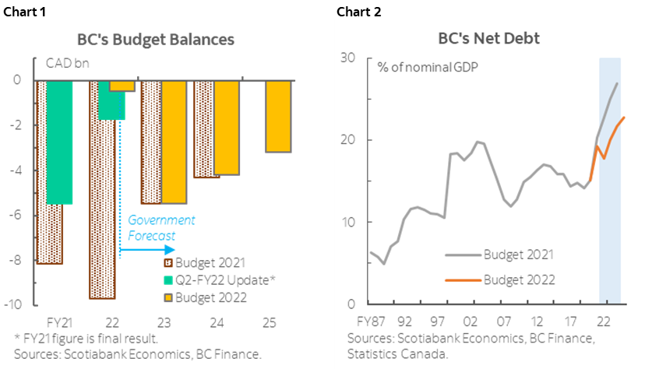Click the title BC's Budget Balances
click(155, 39)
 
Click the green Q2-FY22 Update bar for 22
click(111, 101)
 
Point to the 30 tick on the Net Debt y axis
click(347, 58)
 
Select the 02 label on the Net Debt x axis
click(470, 321)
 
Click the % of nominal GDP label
click(428, 66)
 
